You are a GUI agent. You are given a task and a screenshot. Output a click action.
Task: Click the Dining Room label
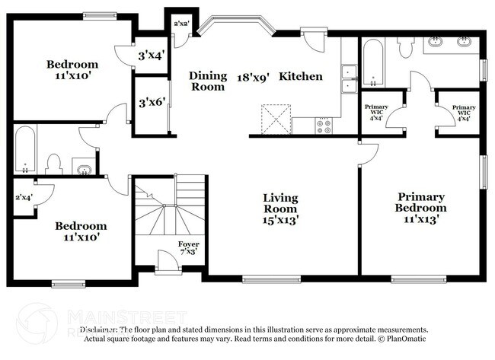click(208, 81)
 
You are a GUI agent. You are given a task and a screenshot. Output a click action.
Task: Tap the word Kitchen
click(301, 76)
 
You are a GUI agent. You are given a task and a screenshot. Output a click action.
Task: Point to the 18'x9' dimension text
click(252, 76)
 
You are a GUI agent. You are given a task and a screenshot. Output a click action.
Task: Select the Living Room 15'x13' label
click(280, 209)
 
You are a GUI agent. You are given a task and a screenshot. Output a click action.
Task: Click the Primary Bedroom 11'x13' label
click(420, 207)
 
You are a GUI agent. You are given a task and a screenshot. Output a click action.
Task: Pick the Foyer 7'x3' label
click(189, 247)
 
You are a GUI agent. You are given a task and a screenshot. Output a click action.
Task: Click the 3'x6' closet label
click(150, 100)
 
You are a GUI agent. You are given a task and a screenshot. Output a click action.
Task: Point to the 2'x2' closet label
click(181, 24)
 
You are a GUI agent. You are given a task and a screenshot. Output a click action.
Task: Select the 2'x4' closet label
click(24, 197)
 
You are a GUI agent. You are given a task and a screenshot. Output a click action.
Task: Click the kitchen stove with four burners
click(323, 125)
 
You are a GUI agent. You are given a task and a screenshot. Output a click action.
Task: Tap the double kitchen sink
click(349, 78)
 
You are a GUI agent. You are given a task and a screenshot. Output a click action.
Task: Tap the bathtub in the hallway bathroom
click(24, 150)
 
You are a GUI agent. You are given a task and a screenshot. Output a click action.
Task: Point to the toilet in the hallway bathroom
click(53, 162)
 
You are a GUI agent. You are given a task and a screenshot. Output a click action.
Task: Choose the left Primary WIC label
click(376, 113)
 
